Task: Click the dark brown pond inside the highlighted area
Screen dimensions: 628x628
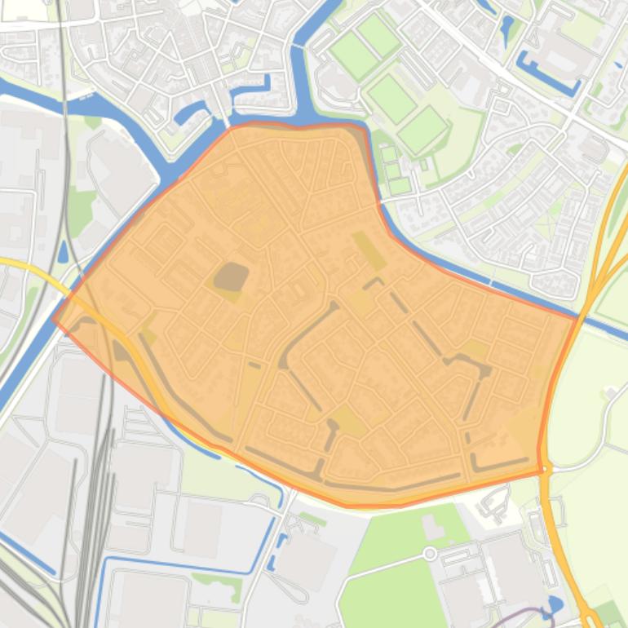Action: click(x=231, y=276)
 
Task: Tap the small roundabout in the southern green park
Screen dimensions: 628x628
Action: click(x=430, y=555)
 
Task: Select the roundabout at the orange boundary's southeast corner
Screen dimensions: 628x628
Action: click(x=545, y=470)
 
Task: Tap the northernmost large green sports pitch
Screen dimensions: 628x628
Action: click(x=378, y=33)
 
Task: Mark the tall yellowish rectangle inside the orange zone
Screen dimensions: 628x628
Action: click(x=369, y=250)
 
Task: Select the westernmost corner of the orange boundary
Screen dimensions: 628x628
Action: click(x=54, y=321)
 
